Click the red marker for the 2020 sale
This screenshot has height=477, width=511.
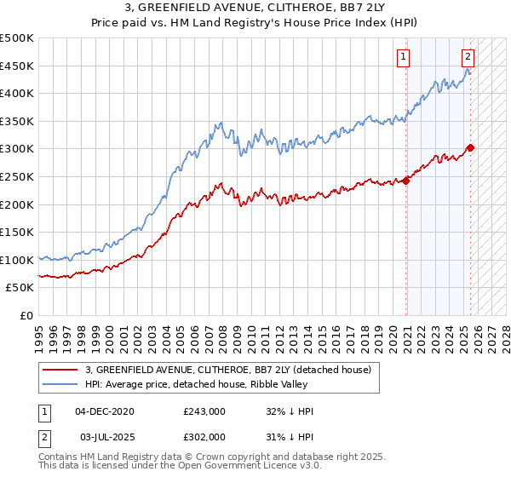tap(406, 180)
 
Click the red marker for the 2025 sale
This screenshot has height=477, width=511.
tap(471, 147)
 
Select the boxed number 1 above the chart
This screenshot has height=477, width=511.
tap(403, 58)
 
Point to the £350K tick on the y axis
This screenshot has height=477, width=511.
tap(17, 121)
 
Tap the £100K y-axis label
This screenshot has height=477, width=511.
tap(17, 259)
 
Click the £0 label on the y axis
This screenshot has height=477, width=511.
tap(27, 315)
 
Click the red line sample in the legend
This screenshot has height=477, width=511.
tap(59, 370)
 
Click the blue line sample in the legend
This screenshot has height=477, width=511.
tap(59, 385)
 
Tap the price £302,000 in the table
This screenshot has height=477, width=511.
tap(204, 436)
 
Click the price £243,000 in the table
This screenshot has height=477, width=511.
tap(204, 411)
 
